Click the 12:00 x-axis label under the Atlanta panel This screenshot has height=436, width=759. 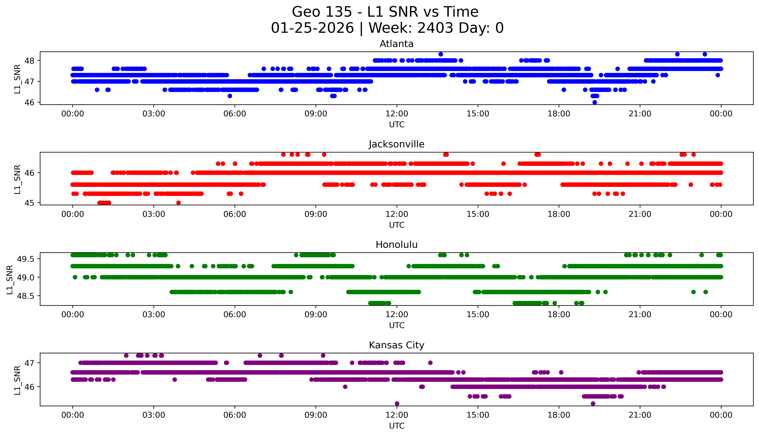[x=397, y=114]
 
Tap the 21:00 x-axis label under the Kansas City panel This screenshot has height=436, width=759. [x=640, y=415]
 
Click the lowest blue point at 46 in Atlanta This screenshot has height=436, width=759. [x=595, y=102]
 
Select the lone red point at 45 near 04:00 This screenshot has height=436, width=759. [x=178, y=203]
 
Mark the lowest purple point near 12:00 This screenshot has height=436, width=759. [x=397, y=403]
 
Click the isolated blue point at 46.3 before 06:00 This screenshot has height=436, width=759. [x=230, y=96]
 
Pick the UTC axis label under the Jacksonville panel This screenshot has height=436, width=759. [x=397, y=225]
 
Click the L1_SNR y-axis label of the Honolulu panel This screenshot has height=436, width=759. [x=10, y=279]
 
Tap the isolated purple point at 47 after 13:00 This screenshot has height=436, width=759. [x=430, y=363]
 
